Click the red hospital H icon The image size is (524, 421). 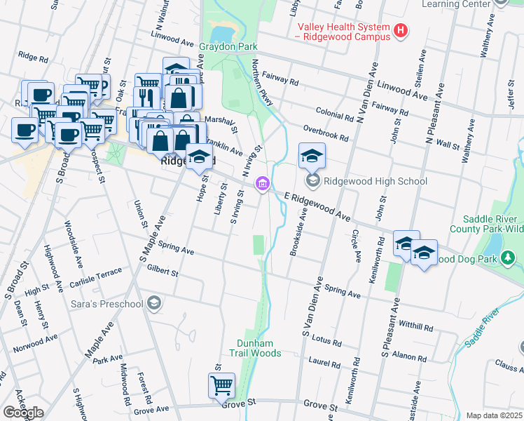tap(401, 30)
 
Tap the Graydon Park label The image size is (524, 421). tap(229, 48)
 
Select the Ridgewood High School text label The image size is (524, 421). tap(378, 181)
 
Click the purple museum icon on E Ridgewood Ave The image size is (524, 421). tap(262, 185)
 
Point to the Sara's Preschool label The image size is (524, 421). tap(107, 304)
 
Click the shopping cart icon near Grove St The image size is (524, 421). tap(221, 385)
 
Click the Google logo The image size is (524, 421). tap(23, 412)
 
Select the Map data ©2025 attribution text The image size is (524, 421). tap(493, 415)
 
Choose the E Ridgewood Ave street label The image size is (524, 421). tap(317, 205)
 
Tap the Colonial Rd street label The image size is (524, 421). tap(334, 114)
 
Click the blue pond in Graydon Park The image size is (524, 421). tap(221, 32)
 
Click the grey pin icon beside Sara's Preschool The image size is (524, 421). tap(154, 304)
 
